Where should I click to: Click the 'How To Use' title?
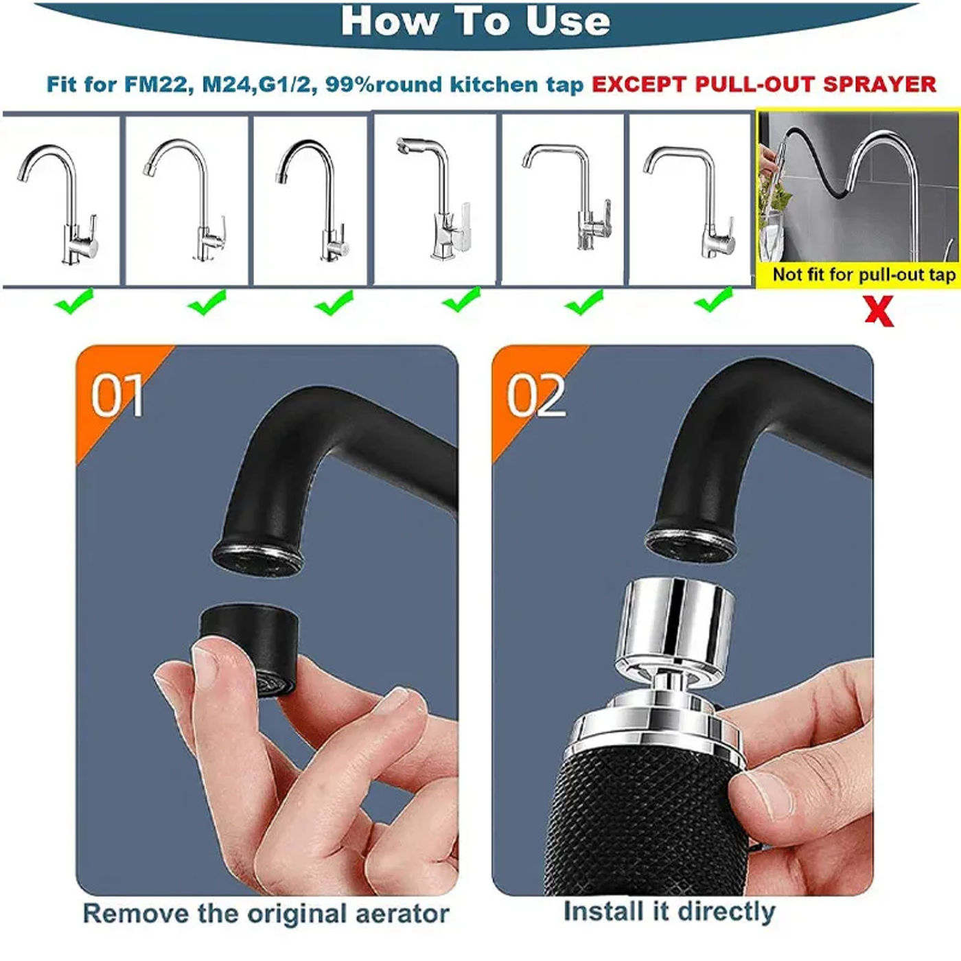click(x=475, y=21)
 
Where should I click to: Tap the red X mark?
click(x=879, y=311)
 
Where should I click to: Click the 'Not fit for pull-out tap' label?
click(x=864, y=275)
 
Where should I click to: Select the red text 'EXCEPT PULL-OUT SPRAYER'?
click(x=763, y=84)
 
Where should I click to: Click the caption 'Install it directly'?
click(x=669, y=912)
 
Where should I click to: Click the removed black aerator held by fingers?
click(x=249, y=649)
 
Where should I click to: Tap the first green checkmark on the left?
click(x=74, y=302)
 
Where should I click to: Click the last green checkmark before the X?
click(x=714, y=300)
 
